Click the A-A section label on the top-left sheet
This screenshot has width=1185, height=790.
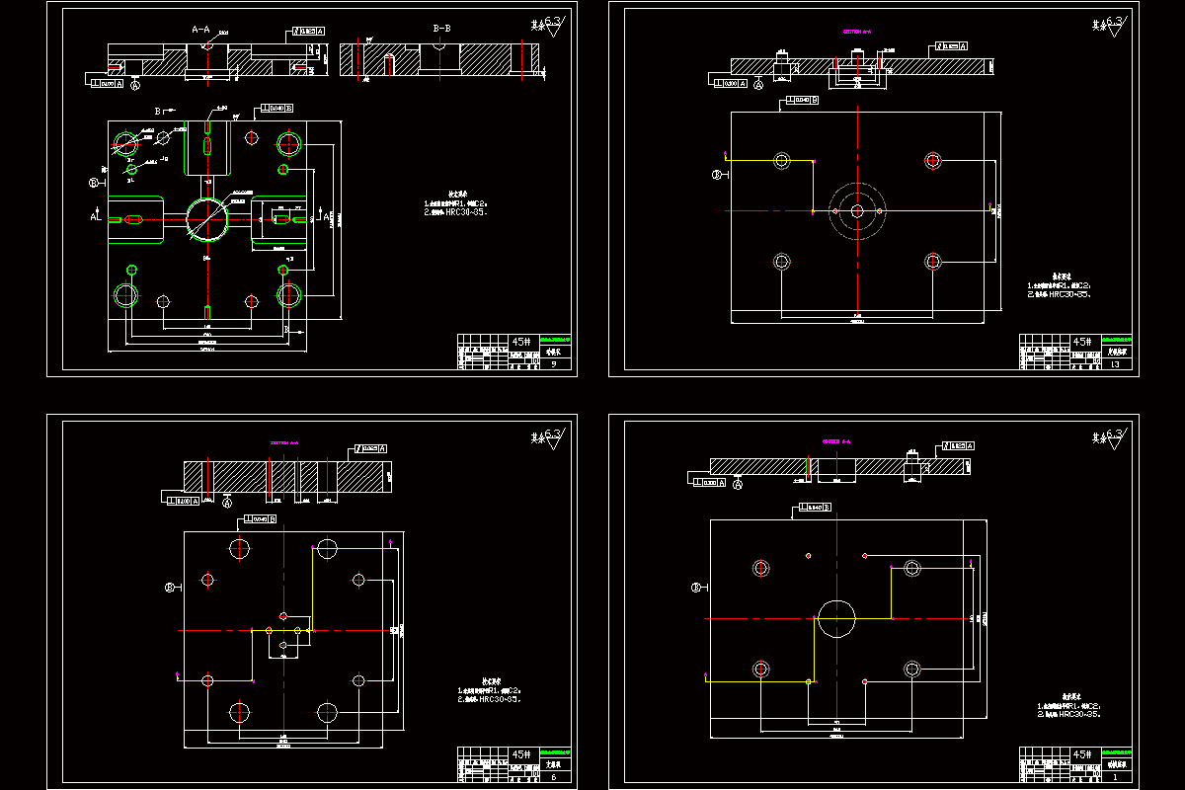click(200, 30)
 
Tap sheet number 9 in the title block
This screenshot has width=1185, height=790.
click(553, 365)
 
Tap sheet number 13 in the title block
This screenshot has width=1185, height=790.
click(1116, 365)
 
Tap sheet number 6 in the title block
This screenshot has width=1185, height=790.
click(553, 777)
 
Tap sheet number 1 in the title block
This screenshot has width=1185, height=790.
click(1116, 777)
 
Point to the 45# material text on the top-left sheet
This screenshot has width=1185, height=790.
click(520, 342)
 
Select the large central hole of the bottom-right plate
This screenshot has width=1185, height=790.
click(836, 618)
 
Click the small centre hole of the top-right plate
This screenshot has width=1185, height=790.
click(857, 210)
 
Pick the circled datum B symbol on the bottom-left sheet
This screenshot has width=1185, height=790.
click(170, 587)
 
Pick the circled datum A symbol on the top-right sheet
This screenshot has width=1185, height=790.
click(758, 85)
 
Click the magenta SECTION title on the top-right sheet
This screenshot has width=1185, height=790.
click(856, 31)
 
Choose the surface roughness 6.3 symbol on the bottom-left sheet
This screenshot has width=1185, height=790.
click(546, 435)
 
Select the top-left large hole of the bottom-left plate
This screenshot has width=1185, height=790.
click(240, 548)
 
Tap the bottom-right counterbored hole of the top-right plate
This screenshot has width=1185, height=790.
click(933, 261)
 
